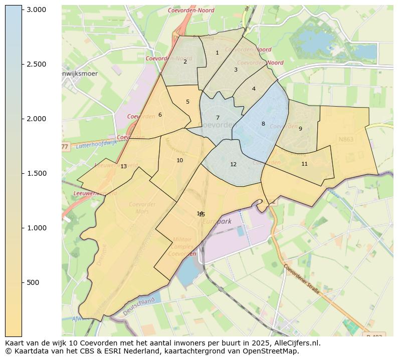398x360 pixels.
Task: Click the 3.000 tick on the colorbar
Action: (36, 10)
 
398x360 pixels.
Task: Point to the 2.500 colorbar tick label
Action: (36, 64)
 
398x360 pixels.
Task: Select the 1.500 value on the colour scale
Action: (36, 173)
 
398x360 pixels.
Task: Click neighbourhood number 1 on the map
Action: (217, 53)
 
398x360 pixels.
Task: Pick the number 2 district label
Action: (185, 62)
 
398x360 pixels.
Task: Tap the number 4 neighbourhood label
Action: (254, 89)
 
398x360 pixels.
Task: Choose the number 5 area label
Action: (188, 102)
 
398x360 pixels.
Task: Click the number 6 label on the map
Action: (160, 115)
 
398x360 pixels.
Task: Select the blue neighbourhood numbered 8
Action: (263, 124)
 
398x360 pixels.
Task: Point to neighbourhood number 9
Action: (300, 129)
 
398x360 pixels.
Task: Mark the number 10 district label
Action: (179, 160)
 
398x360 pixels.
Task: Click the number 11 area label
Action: (304, 164)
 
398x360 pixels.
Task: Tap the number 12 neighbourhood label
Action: (233, 164)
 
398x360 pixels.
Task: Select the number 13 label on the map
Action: (123, 166)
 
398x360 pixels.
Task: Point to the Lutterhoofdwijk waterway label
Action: (96, 145)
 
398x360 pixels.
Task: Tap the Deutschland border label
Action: (139, 306)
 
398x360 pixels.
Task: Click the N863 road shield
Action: (346, 139)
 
